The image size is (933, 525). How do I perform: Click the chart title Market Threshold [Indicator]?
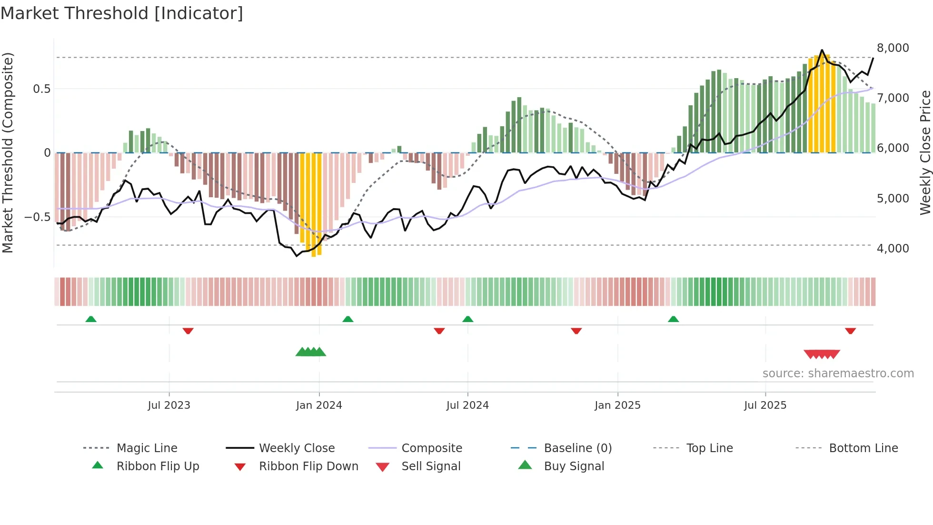tap(122, 13)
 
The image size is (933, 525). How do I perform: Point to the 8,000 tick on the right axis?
tap(893, 48)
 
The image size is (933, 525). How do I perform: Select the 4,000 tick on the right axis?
tap(893, 249)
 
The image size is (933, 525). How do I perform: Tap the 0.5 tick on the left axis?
tap(41, 89)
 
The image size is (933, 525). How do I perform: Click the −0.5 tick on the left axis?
tap(38, 217)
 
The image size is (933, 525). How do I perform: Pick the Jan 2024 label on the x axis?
tap(319, 405)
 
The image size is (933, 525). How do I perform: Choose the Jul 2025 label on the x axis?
tap(765, 405)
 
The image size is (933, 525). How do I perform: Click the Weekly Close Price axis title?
tap(925, 152)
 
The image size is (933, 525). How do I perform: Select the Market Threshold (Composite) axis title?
tap(8, 152)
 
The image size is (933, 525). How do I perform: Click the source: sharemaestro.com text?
tap(838, 374)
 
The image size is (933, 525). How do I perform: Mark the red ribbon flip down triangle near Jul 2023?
tap(188, 331)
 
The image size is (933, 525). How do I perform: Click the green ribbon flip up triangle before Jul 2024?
tap(467, 319)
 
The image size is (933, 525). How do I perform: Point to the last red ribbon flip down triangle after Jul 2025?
tap(850, 331)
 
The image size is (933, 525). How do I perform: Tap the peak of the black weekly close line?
tap(822, 50)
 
